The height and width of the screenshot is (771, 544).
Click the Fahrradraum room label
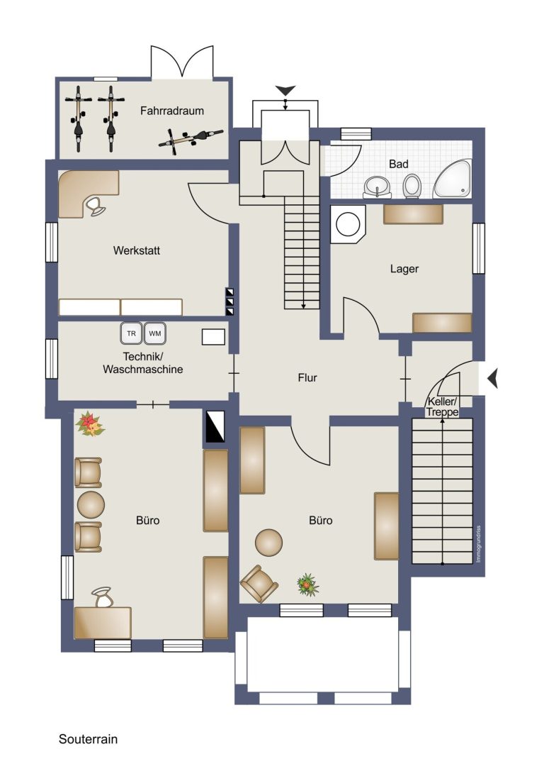[172, 111]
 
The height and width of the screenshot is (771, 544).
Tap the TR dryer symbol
[131, 333]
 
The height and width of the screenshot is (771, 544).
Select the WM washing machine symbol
[154, 333]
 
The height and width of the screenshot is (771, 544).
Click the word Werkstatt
[137, 250]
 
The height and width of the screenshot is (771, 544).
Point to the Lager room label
[404, 269]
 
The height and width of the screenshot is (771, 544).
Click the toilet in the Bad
[412, 187]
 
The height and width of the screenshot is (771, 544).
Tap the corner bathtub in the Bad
[452, 179]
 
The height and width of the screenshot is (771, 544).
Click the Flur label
[307, 377]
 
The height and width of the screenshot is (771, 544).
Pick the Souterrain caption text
[89, 739]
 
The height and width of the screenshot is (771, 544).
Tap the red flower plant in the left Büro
[89, 424]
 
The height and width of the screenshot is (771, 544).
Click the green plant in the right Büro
[308, 584]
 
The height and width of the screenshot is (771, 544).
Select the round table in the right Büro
[268, 543]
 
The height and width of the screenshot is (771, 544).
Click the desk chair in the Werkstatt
[95, 206]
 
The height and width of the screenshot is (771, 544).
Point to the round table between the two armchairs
[91, 504]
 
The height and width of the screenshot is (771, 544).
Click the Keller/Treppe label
[442, 407]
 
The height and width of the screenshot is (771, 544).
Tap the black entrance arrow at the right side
[493, 378]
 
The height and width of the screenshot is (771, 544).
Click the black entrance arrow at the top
[285, 90]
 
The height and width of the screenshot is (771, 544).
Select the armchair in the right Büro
[259, 584]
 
